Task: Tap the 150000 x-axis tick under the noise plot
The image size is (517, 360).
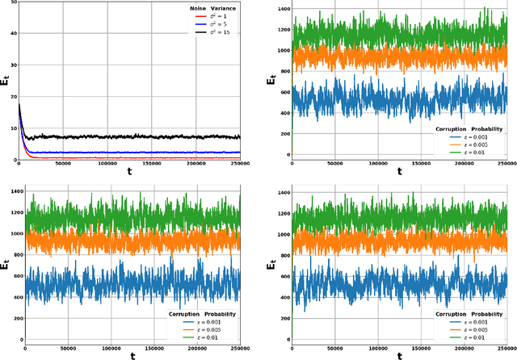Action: click(152, 164)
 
